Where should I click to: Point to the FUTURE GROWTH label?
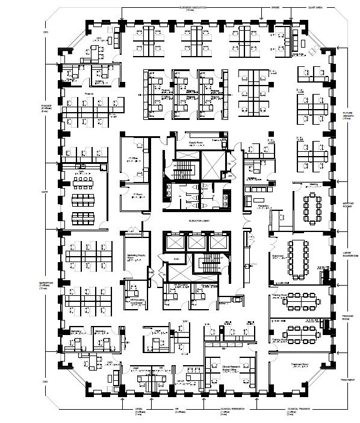tap(347, 114)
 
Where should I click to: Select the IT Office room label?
tap(134, 158)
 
